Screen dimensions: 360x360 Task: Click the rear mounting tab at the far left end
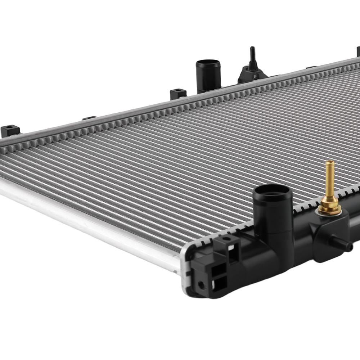tap(9, 130)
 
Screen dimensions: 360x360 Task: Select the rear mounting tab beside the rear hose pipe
tap(178, 93)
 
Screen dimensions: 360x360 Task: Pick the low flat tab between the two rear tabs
tap(89, 118)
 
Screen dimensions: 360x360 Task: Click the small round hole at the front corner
tap(201, 286)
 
